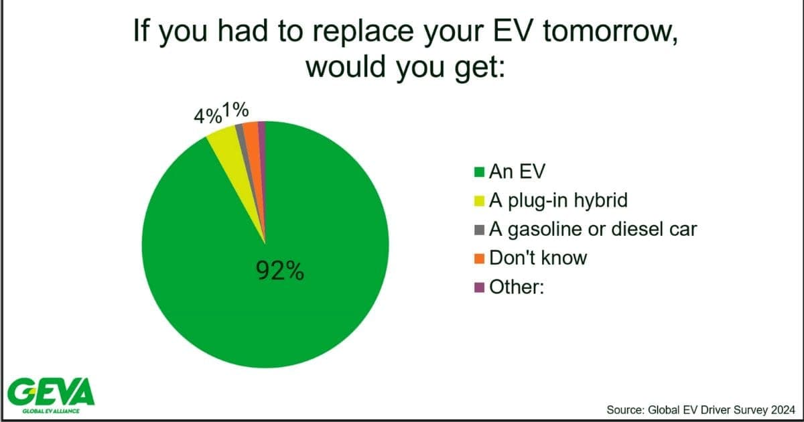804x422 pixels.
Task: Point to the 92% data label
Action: tap(280, 271)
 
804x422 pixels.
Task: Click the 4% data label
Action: tap(208, 116)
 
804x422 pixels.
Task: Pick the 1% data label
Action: tap(235, 110)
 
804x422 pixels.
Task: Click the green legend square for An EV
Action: tap(479, 172)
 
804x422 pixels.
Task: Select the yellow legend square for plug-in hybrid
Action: tap(479, 201)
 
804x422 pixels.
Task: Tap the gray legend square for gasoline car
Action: tap(479, 230)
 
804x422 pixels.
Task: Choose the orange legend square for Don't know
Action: tap(479, 259)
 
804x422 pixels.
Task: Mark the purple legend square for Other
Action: tap(479, 287)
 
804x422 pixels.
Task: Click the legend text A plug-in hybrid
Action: tap(559, 201)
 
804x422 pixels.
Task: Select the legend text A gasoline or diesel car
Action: tap(593, 230)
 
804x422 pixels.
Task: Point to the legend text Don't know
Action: tap(538, 258)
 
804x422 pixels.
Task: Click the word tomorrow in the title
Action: tap(610, 31)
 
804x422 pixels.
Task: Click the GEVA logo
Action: tap(51, 392)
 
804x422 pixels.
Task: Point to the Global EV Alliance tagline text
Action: tap(51, 411)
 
